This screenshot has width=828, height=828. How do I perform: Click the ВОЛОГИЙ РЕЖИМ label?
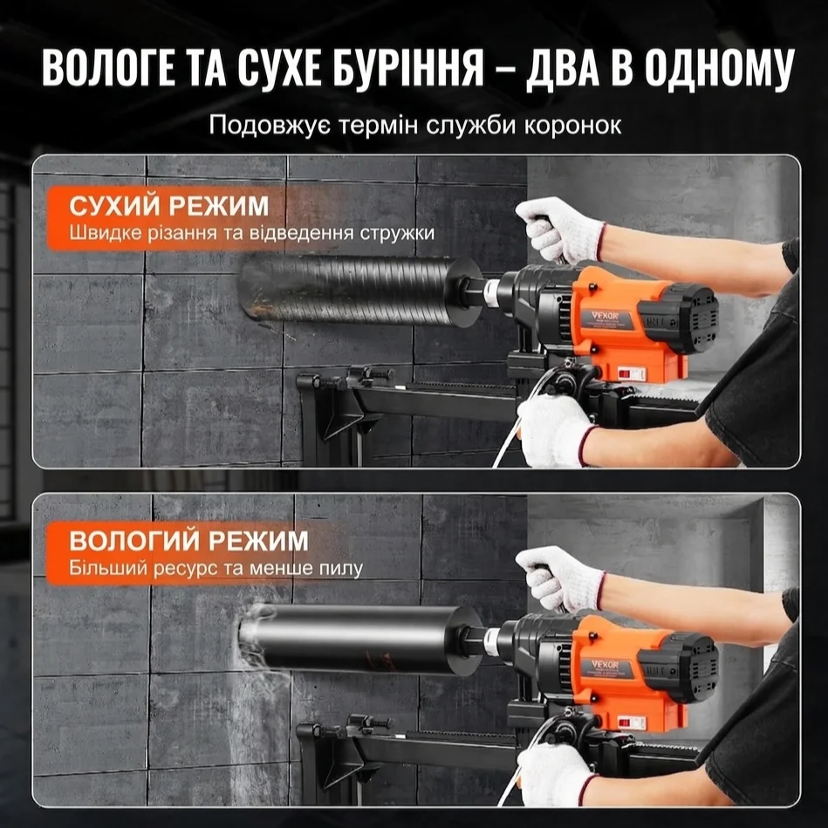coord(188,541)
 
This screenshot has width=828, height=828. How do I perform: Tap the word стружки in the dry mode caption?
coord(400,234)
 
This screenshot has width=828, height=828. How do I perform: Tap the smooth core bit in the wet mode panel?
coord(358,639)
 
